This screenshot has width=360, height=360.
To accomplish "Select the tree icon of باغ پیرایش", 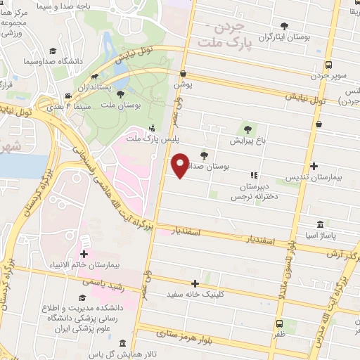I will [x=246, y=129].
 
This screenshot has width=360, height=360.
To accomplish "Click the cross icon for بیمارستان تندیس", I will [x=313, y=166].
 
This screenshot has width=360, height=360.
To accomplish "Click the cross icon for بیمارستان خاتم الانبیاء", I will [x=84, y=254].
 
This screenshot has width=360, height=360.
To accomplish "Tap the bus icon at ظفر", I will [x=279, y=324].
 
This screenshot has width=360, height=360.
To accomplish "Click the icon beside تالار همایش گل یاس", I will [x=122, y=344].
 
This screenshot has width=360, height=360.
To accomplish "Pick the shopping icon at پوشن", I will [x=183, y=73].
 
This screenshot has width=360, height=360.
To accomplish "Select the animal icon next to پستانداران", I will [x=94, y=77].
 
